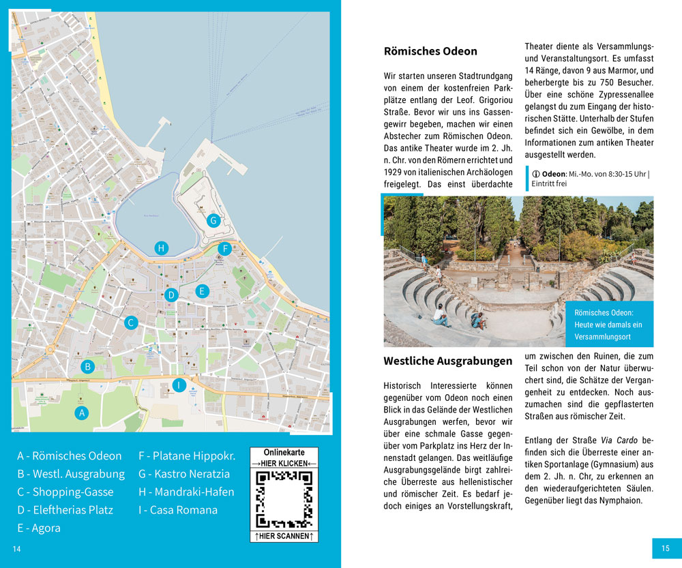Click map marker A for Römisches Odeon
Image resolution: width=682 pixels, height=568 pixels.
click(82, 413)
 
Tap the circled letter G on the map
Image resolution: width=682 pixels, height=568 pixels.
click(213, 220)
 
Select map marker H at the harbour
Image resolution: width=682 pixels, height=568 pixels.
click(162, 248)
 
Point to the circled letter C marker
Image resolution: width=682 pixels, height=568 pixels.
click(131, 323)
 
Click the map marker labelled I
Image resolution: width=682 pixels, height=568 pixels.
click(178, 385)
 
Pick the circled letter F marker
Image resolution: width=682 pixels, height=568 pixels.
click(224, 249)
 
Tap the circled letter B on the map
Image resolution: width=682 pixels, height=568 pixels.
click(87, 367)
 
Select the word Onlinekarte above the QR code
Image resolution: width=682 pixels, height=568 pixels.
click(284, 452)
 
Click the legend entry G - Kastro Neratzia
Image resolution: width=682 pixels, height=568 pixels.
click(184, 474)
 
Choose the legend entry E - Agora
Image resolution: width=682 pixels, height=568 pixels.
click(39, 528)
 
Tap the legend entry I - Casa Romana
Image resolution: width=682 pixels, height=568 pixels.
click(178, 510)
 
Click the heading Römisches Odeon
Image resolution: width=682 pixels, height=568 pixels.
click(430, 51)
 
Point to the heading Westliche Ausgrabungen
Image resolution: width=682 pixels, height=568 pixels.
click(447, 361)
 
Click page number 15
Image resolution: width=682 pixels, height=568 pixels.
click(665, 548)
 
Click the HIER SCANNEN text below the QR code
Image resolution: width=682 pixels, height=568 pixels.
click(284, 537)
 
